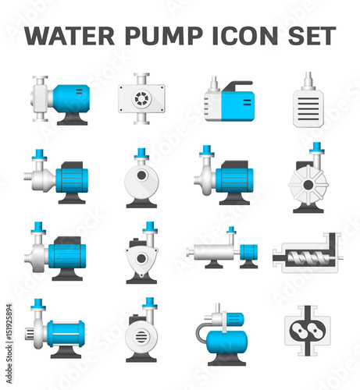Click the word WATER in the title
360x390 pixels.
[70, 36]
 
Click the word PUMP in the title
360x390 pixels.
[164, 36]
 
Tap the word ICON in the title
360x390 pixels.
[245, 36]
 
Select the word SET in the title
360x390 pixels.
[312, 36]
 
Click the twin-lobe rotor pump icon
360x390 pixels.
[308, 331]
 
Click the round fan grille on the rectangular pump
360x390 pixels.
[141, 99]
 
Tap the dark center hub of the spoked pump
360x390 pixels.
[308, 185]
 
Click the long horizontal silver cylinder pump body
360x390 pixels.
[214, 252]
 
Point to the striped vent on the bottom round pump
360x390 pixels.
[141, 337]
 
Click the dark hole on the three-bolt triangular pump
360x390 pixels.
[141, 258]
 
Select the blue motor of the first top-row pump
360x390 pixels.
[72, 99]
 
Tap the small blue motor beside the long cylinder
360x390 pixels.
[248, 252]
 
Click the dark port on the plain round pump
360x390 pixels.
[141, 175]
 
